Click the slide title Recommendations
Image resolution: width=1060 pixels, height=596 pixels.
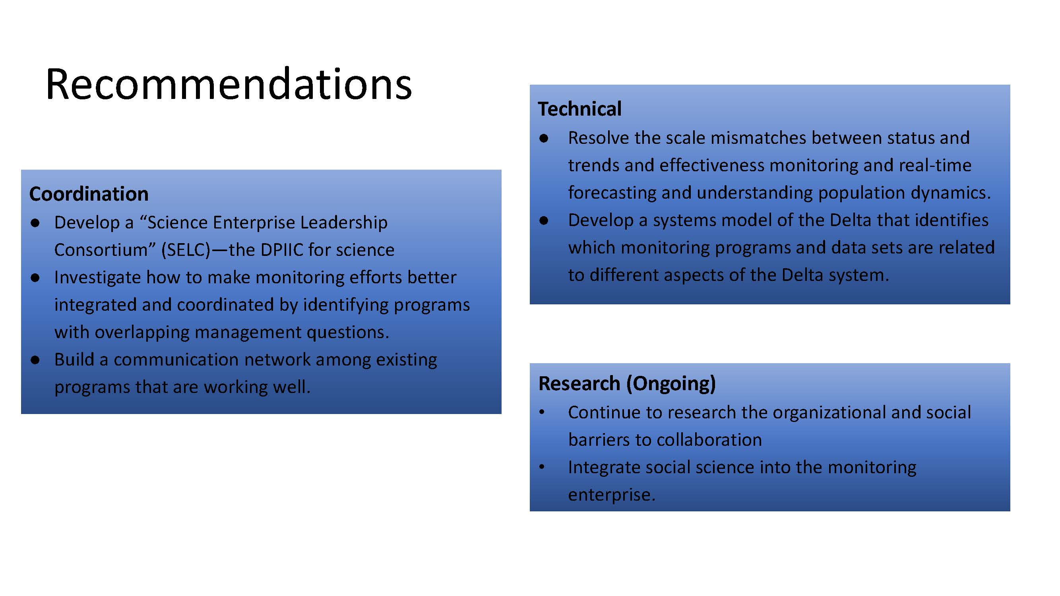point(229,85)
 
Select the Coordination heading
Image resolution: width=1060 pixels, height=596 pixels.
point(89,194)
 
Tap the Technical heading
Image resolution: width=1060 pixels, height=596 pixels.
point(579,109)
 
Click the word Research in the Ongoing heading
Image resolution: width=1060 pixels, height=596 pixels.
point(579,383)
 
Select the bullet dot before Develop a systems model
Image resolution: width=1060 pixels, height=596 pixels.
point(544,221)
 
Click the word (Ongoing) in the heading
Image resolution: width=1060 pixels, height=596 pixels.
point(671,384)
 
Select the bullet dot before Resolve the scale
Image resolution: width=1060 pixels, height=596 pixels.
point(544,139)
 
